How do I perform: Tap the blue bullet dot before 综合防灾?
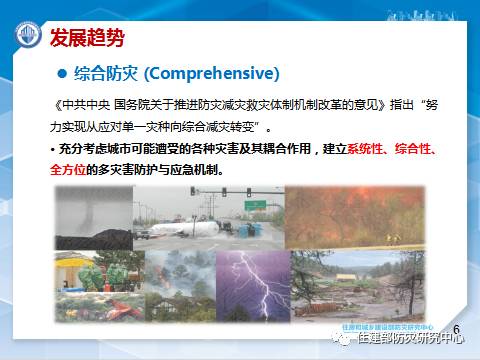tap(59, 75)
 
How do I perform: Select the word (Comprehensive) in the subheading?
tap(211, 75)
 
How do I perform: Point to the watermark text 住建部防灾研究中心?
tap(410, 339)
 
